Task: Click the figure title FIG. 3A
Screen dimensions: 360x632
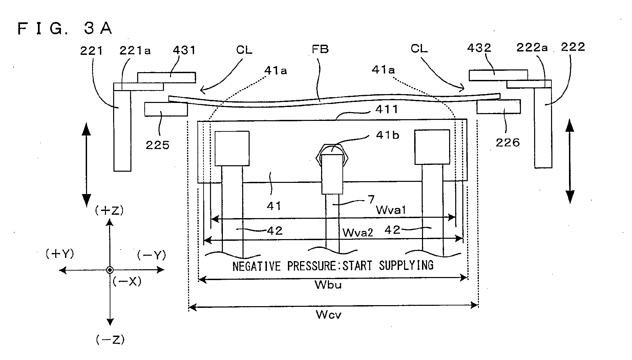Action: [65, 28]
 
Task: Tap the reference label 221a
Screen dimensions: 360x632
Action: [135, 50]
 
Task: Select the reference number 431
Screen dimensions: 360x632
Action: [184, 50]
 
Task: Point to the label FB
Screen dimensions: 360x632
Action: [320, 49]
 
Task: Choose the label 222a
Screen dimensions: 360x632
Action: [532, 48]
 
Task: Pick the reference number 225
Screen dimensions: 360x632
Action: [157, 145]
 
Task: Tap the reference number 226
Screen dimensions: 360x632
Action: [507, 143]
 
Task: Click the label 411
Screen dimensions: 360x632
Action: [387, 109]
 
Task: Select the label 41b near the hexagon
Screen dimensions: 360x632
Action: [387, 135]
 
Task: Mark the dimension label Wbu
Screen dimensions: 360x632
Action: [328, 285]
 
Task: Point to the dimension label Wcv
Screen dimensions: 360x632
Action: [329, 315]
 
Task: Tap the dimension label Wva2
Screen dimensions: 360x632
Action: [358, 232]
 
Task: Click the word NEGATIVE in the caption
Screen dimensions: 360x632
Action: [257, 266]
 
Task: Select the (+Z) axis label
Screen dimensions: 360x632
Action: [109, 211]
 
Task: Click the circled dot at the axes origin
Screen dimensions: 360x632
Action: [110, 270]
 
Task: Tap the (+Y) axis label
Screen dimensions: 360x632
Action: [60, 254]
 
